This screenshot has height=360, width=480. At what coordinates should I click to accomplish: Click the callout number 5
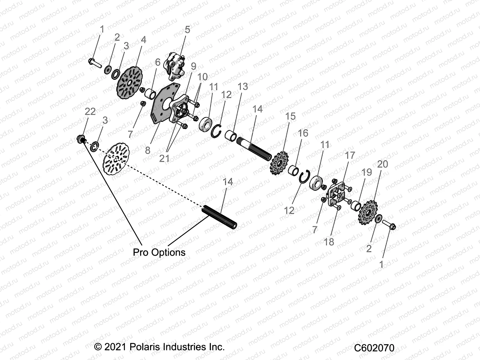[187, 30]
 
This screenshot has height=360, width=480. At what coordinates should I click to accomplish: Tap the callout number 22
[90, 112]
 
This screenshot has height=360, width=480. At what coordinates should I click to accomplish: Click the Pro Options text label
[159, 252]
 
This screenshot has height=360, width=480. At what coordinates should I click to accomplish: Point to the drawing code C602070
[374, 348]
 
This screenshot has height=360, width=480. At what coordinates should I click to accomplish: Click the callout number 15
[290, 116]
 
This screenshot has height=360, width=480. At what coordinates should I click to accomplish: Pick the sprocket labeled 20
[368, 213]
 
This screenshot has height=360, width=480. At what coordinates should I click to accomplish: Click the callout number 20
[382, 164]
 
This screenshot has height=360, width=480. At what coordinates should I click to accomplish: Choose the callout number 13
[243, 87]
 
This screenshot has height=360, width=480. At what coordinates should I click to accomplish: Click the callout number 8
[148, 150]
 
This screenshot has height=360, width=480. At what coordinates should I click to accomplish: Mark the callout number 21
[164, 158]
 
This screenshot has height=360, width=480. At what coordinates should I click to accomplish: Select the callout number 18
[329, 242]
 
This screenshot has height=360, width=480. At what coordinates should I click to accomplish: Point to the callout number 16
[303, 133]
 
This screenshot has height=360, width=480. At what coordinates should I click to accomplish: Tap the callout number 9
[193, 66]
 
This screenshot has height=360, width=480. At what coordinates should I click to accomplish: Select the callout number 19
[367, 172]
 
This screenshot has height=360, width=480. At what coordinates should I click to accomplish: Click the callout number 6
[158, 62]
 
